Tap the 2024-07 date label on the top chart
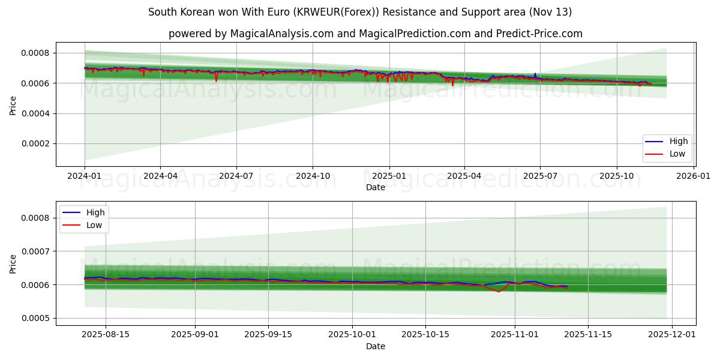tap(236, 176)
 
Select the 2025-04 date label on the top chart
tap(464, 176)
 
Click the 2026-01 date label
tap(692, 176)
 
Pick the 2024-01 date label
tap(85, 176)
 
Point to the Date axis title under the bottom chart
tap(376, 346)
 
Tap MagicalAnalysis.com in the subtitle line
tap(281, 34)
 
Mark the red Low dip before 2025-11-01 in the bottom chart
tap(499, 292)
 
